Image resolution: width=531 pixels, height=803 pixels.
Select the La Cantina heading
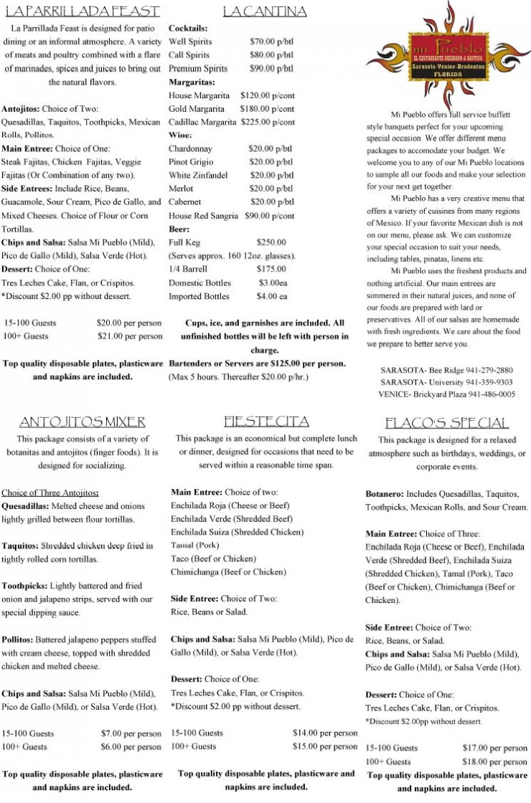[x=265, y=11]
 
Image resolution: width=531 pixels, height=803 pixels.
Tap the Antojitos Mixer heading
[x=82, y=421]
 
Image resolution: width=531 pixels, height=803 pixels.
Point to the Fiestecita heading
[x=266, y=420]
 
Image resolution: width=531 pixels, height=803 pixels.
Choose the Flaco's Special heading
[x=446, y=422]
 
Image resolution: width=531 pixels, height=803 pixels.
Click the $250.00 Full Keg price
[x=271, y=242]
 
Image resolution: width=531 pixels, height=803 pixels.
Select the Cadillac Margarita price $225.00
[x=267, y=122]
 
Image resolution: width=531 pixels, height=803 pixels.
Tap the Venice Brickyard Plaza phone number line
[x=448, y=394]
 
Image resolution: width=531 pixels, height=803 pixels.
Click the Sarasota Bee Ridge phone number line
[x=448, y=370]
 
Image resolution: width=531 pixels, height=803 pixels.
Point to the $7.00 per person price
[x=131, y=733]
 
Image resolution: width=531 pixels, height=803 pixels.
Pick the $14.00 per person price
[x=325, y=733]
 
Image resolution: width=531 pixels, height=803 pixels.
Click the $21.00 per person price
[x=129, y=336]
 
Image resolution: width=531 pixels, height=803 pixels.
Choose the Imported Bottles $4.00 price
[x=272, y=296]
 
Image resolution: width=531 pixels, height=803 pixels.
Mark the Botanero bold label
[x=385, y=494]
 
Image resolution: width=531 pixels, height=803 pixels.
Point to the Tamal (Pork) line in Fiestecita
[x=194, y=546]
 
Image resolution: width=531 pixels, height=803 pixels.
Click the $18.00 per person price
[x=494, y=761]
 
